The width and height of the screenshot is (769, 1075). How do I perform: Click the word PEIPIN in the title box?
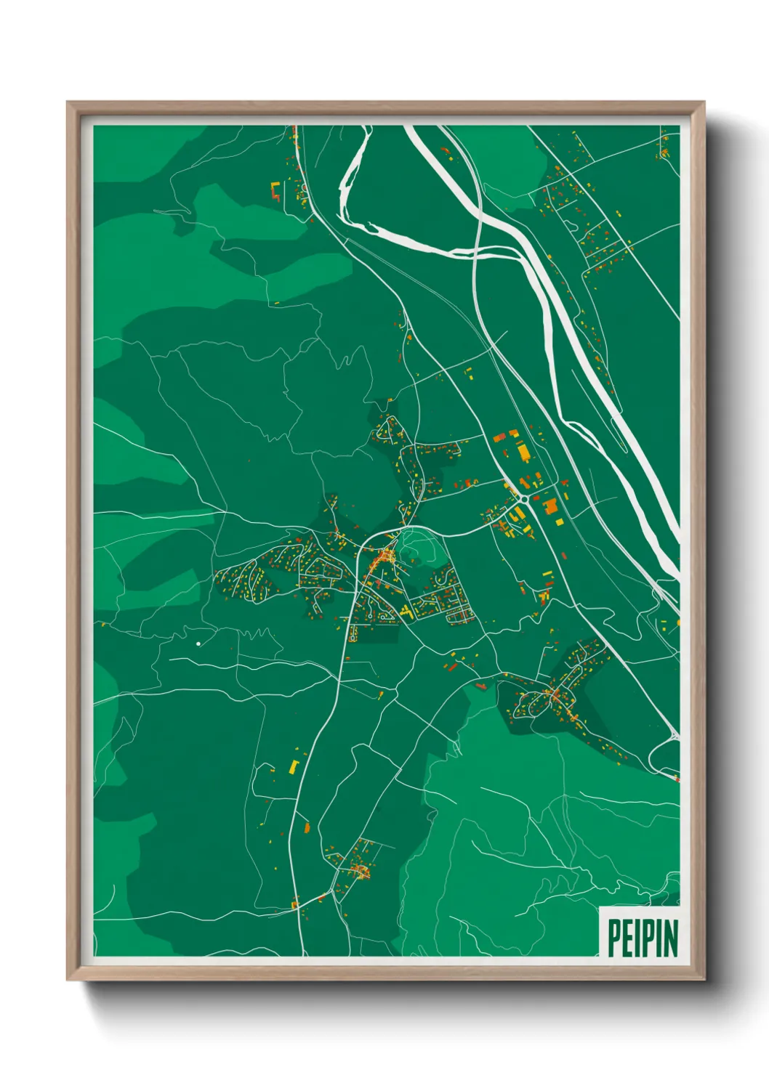pos(643,938)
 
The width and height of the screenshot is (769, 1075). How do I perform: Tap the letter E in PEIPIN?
pos(624,938)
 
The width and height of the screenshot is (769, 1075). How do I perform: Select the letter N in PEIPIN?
pos(669,938)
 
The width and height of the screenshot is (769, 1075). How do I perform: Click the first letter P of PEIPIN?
pos(613,938)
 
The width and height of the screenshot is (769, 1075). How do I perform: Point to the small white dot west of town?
pos(198,644)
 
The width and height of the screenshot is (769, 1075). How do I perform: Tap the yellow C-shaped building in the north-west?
pos(276,192)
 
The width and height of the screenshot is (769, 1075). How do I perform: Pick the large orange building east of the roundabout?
pos(550,506)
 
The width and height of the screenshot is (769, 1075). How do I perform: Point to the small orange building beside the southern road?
pos(307,827)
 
